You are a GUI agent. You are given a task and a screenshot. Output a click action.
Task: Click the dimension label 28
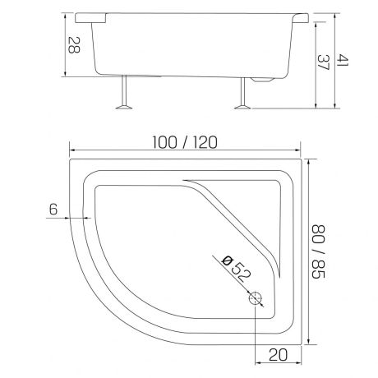point(74,45)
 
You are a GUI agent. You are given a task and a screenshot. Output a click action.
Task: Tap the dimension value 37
point(324,62)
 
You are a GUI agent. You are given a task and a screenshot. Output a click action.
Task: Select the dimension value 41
point(343,60)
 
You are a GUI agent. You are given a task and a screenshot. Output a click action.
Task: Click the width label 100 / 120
point(185,142)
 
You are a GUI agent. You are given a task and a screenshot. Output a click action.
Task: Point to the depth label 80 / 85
point(319,251)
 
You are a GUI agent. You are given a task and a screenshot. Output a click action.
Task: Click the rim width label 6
point(53,210)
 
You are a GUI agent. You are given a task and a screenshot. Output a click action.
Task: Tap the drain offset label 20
point(279,355)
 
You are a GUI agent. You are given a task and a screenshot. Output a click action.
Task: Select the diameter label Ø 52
point(237,269)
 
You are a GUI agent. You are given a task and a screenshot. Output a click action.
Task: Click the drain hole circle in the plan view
point(256,298)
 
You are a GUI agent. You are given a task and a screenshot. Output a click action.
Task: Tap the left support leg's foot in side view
point(124,107)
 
